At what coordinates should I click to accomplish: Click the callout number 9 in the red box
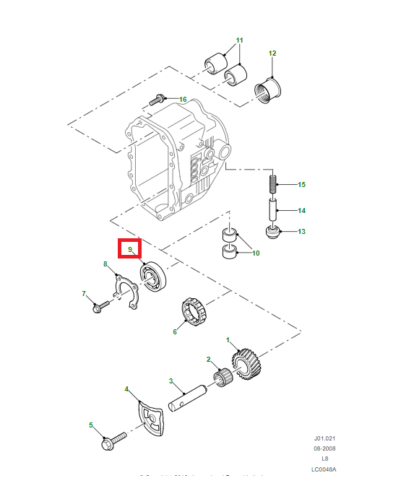130,250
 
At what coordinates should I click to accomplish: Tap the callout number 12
272,53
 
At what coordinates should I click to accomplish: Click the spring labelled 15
274,185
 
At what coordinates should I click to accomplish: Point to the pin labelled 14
274,212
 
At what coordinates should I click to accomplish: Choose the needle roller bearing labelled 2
223,376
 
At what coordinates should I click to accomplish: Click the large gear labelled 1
245,362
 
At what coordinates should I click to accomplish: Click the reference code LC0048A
324,469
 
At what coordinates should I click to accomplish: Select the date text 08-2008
324,448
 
